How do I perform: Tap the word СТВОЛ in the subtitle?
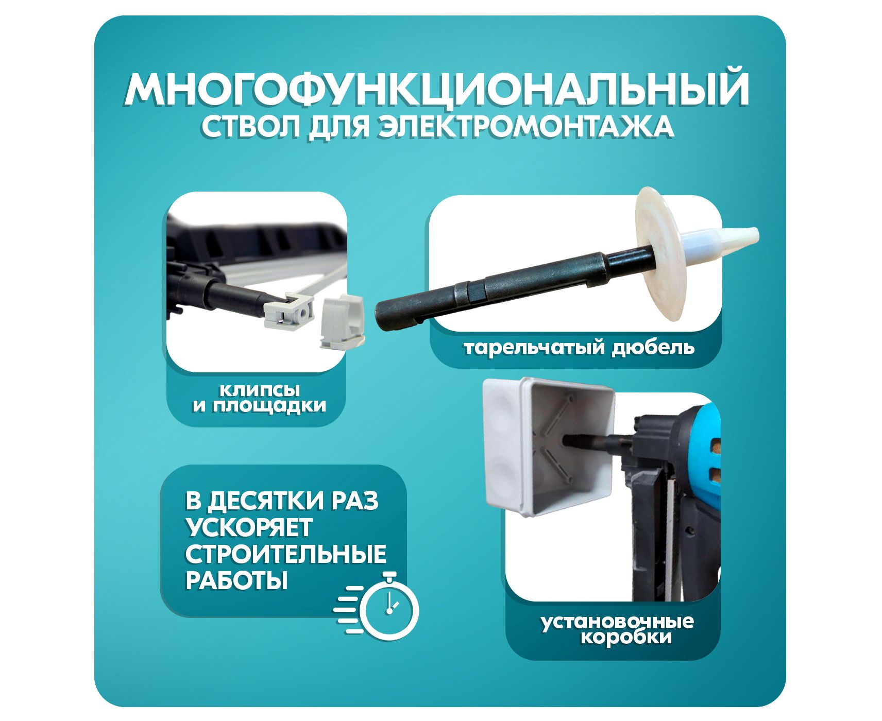[251, 127]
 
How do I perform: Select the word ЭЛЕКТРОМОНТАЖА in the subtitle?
[525, 127]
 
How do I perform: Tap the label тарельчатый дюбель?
[579, 348]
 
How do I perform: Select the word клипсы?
[260, 390]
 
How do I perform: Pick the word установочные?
[617, 622]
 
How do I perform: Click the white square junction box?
[549, 446]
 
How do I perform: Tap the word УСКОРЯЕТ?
[249, 528]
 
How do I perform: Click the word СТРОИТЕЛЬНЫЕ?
[285, 555]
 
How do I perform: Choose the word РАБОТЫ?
[236, 581]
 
